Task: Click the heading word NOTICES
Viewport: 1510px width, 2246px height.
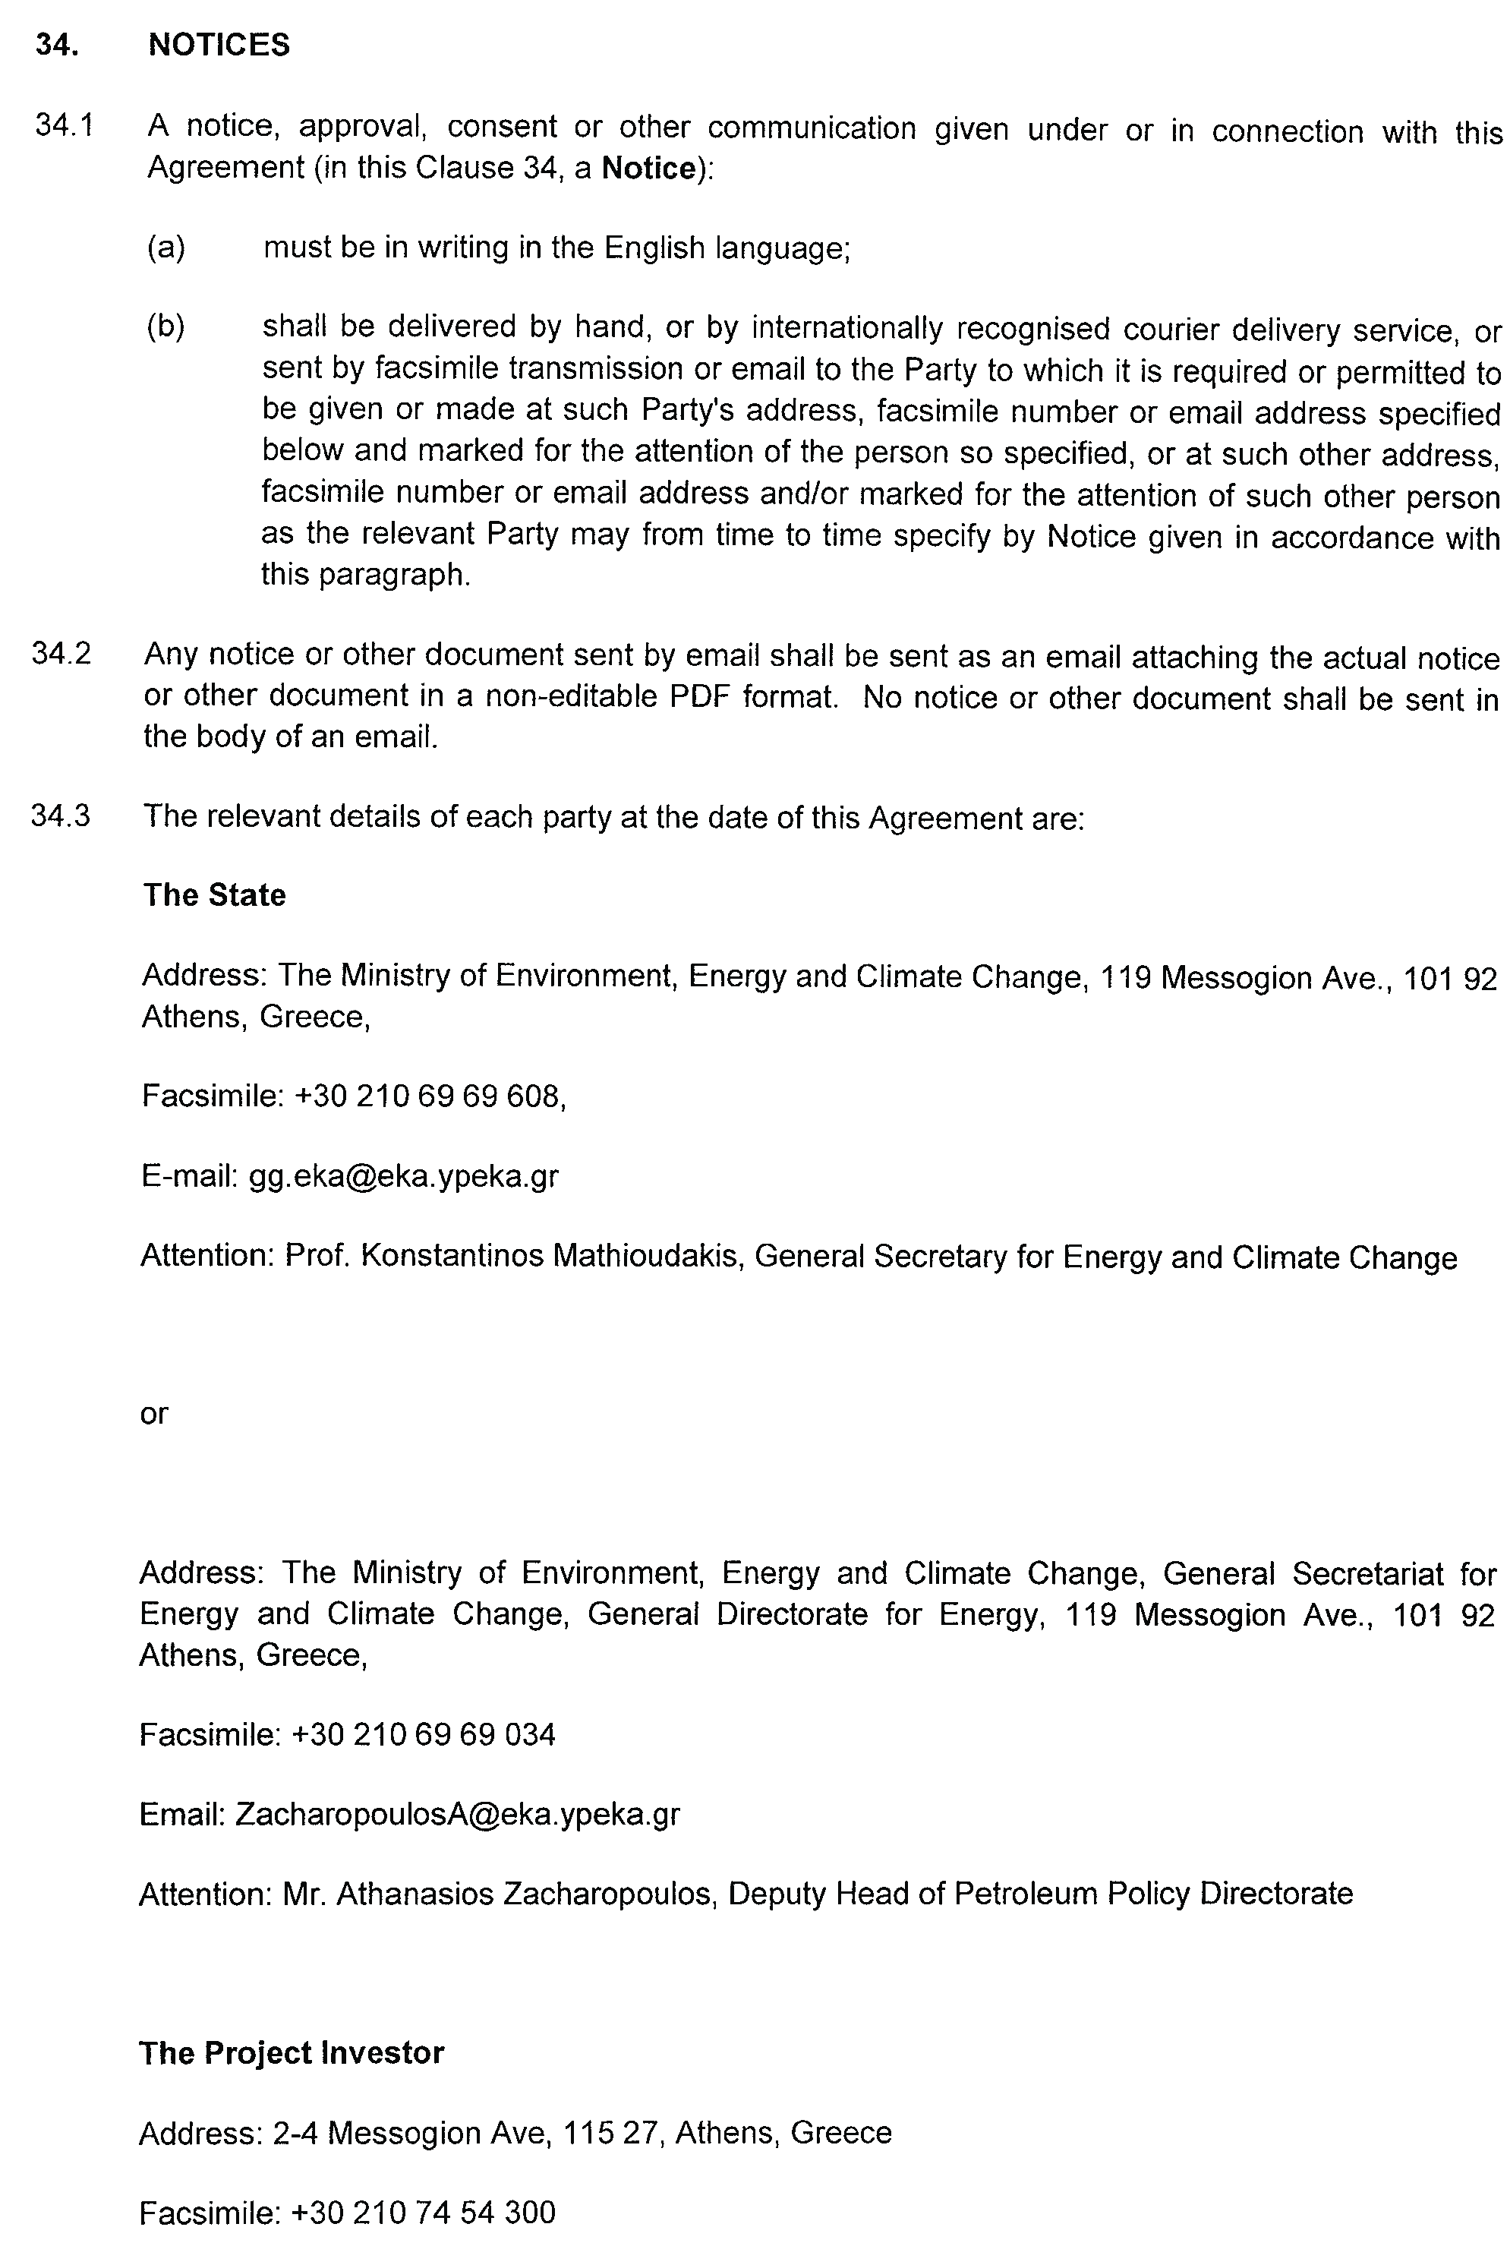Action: (x=219, y=46)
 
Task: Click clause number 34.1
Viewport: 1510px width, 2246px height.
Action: (x=64, y=125)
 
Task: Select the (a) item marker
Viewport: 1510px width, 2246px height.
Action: (x=166, y=248)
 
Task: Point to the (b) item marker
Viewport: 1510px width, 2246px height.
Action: (x=166, y=327)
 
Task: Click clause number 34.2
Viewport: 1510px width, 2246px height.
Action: (x=61, y=653)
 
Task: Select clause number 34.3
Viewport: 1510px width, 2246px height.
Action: (x=61, y=815)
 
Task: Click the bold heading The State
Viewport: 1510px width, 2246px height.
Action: (x=214, y=896)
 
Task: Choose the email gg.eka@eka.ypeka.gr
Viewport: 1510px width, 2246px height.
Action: (x=403, y=1177)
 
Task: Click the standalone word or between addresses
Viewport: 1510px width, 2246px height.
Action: (x=154, y=1414)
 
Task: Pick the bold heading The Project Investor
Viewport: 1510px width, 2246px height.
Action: (x=291, y=2053)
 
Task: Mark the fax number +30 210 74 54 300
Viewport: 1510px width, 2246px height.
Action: (x=424, y=2213)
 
